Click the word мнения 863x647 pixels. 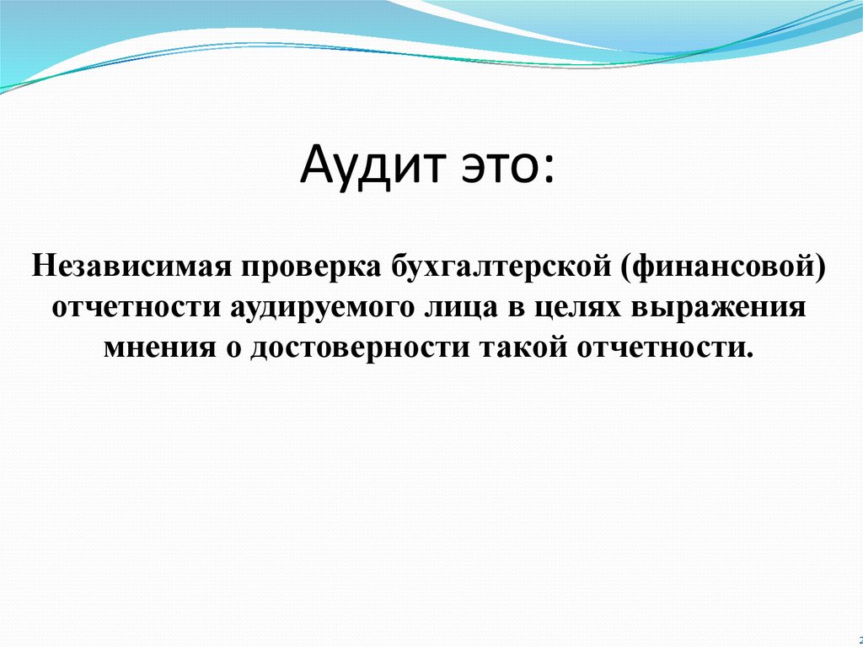pos(159,348)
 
